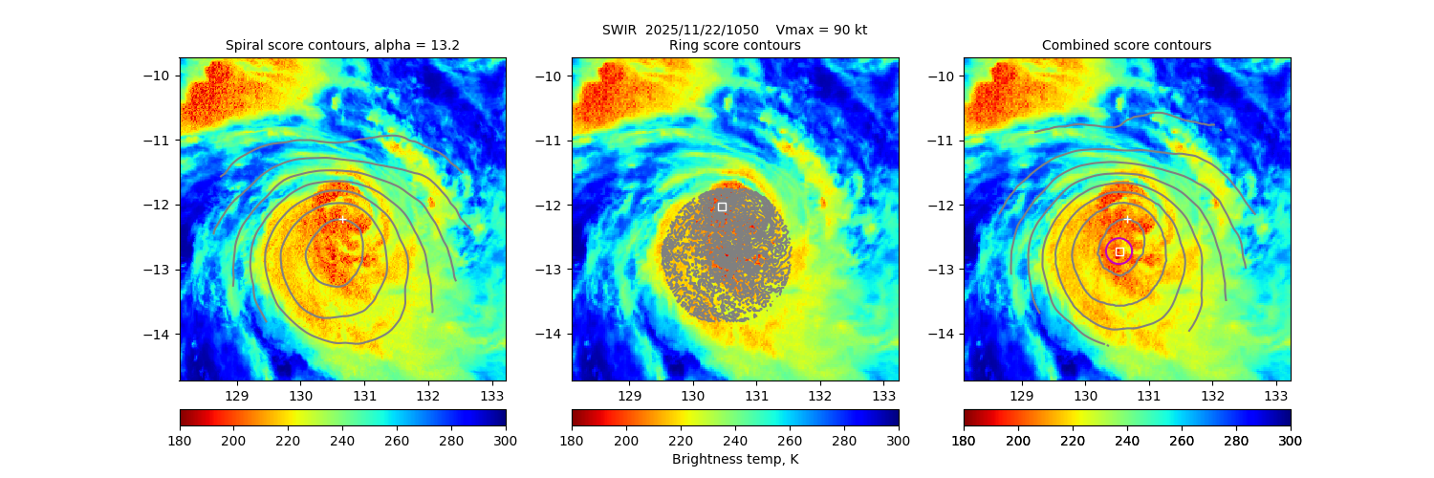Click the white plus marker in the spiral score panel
tap(342, 219)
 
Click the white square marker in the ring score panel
tap(722, 206)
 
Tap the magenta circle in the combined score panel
tap(1119, 251)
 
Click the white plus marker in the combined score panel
tap(1127, 219)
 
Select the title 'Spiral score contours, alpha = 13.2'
tap(342, 45)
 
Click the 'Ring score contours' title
tap(734, 45)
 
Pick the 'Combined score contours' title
tap(1126, 45)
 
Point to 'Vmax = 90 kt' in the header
tap(821, 30)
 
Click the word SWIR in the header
tap(619, 30)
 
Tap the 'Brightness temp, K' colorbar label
tap(734, 460)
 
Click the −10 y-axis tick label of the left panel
tap(159, 76)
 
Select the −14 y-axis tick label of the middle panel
tap(551, 334)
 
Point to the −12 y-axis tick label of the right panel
tap(943, 205)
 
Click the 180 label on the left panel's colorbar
tap(180, 440)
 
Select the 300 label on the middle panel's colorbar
tap(898, 440)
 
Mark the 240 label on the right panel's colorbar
tap(1127, 440)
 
